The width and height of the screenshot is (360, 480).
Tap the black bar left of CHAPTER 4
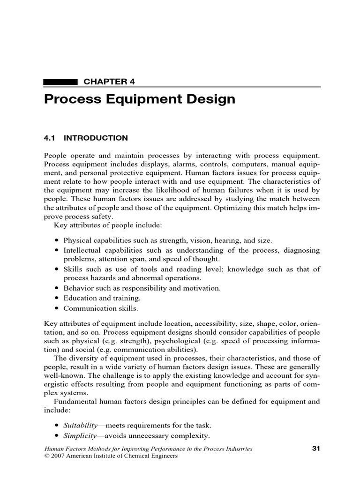pos(60,82)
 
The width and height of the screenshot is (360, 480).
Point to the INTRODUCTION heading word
pos(96,138)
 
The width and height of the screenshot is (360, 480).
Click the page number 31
pos(315,449)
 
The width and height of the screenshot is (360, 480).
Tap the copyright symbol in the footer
pos(46,456)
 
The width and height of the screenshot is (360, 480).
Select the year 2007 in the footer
pos(58,456)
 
